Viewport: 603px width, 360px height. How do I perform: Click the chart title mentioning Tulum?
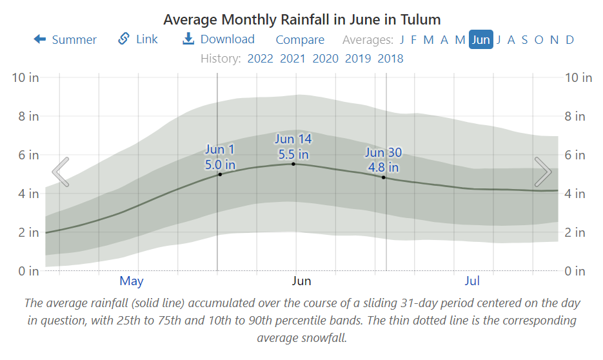[301, 19]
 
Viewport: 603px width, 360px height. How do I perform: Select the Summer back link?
[65, 40]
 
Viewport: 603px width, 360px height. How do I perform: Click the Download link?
[219, 39]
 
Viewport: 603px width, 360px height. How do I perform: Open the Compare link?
[300, 40]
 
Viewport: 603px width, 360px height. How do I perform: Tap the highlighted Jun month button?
[481, 40]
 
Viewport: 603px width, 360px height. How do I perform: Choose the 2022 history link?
[261, 59]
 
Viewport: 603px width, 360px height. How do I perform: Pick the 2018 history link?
[390, 59]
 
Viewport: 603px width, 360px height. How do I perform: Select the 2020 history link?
[326, 59]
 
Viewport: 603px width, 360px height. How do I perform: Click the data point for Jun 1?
[220, 174]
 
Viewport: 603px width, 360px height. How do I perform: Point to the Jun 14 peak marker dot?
[293, 164]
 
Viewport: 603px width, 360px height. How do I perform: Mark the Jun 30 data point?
[384, 177]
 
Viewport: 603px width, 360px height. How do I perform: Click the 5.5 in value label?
[293, 155]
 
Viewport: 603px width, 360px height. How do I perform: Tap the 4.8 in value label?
[384, 168]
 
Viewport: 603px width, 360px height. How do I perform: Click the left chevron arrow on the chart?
[60, 172]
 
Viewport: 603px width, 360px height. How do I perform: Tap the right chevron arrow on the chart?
[543, 172]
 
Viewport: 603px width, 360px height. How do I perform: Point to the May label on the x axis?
[132, 281]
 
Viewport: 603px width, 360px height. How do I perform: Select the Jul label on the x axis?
[473, 281]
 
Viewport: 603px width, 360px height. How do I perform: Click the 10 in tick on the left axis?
[26, 78]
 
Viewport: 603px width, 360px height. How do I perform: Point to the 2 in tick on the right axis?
[575, 232]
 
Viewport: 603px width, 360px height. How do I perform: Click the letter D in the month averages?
[570, 40]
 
